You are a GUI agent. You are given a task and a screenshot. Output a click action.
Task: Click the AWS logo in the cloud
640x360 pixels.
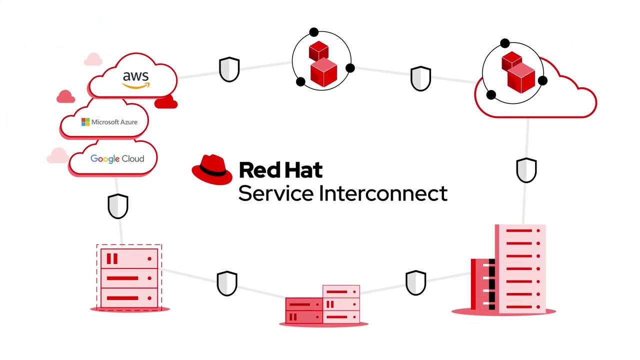click(x=135, y=79)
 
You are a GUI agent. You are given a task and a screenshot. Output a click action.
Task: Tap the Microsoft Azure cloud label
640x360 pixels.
click(x=109, y=122)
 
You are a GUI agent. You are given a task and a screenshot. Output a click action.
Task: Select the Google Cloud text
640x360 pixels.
click(x=117, y=158)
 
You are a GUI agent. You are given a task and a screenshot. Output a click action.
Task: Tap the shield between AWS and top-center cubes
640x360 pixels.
click(x=229, y=69)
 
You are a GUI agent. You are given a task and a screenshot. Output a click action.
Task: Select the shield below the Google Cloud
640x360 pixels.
click(x=118, y=206)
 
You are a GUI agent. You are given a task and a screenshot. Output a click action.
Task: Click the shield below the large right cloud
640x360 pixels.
click(x=526, y=170)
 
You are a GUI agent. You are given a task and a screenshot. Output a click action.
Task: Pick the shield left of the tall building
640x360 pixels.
click(x=415, y=283)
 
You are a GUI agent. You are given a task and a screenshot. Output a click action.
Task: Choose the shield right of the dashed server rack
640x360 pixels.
click(x=227, y=283)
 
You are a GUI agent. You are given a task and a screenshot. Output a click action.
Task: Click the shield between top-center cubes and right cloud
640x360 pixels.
click(x=420, y=78)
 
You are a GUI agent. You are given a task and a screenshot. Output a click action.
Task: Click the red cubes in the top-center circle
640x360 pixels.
click(x=321, y=64)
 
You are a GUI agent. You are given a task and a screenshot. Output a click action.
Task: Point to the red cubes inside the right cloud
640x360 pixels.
click(x=517, y=72)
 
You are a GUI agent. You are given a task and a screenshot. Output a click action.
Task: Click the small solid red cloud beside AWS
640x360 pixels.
click(x=166, y=102)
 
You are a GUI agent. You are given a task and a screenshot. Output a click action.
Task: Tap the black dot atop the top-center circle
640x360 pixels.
click(x=313, y=32)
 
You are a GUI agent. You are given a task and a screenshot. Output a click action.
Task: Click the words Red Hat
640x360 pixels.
click(x=280, y=170)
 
